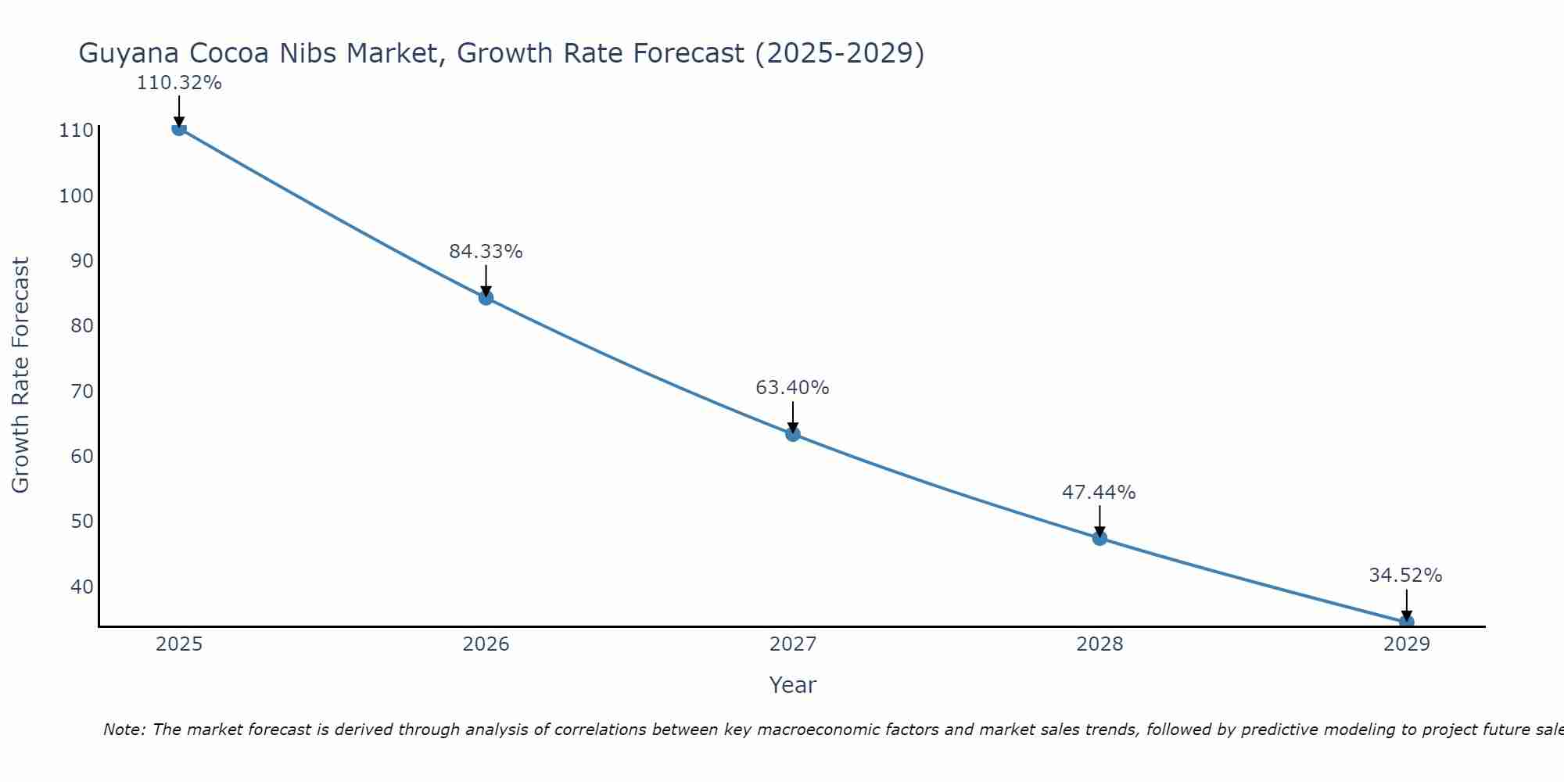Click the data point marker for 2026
[x=486, y=297]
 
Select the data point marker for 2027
[x=792, y=434]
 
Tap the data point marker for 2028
[x=1099, y=538]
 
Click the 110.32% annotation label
[x=179, y=83]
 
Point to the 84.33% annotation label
[x=486, y=252]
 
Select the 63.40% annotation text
[x=792, y=388]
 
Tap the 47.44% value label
[x=1099, y=493]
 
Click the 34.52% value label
[x=1405, y=576]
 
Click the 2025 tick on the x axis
[x=179, y=644]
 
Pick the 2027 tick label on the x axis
[x=792, y=644]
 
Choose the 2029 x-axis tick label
[x=1406, y=644]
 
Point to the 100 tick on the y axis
[x=77, y=195]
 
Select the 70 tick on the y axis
[x=81, y=391]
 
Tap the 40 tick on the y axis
[x=81, y=586]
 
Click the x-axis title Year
[x=792, y=685]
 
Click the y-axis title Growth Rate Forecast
[x=21, y=375]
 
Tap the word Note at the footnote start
[x=124, y=730]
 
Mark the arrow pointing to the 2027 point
[x=792, y=416]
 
